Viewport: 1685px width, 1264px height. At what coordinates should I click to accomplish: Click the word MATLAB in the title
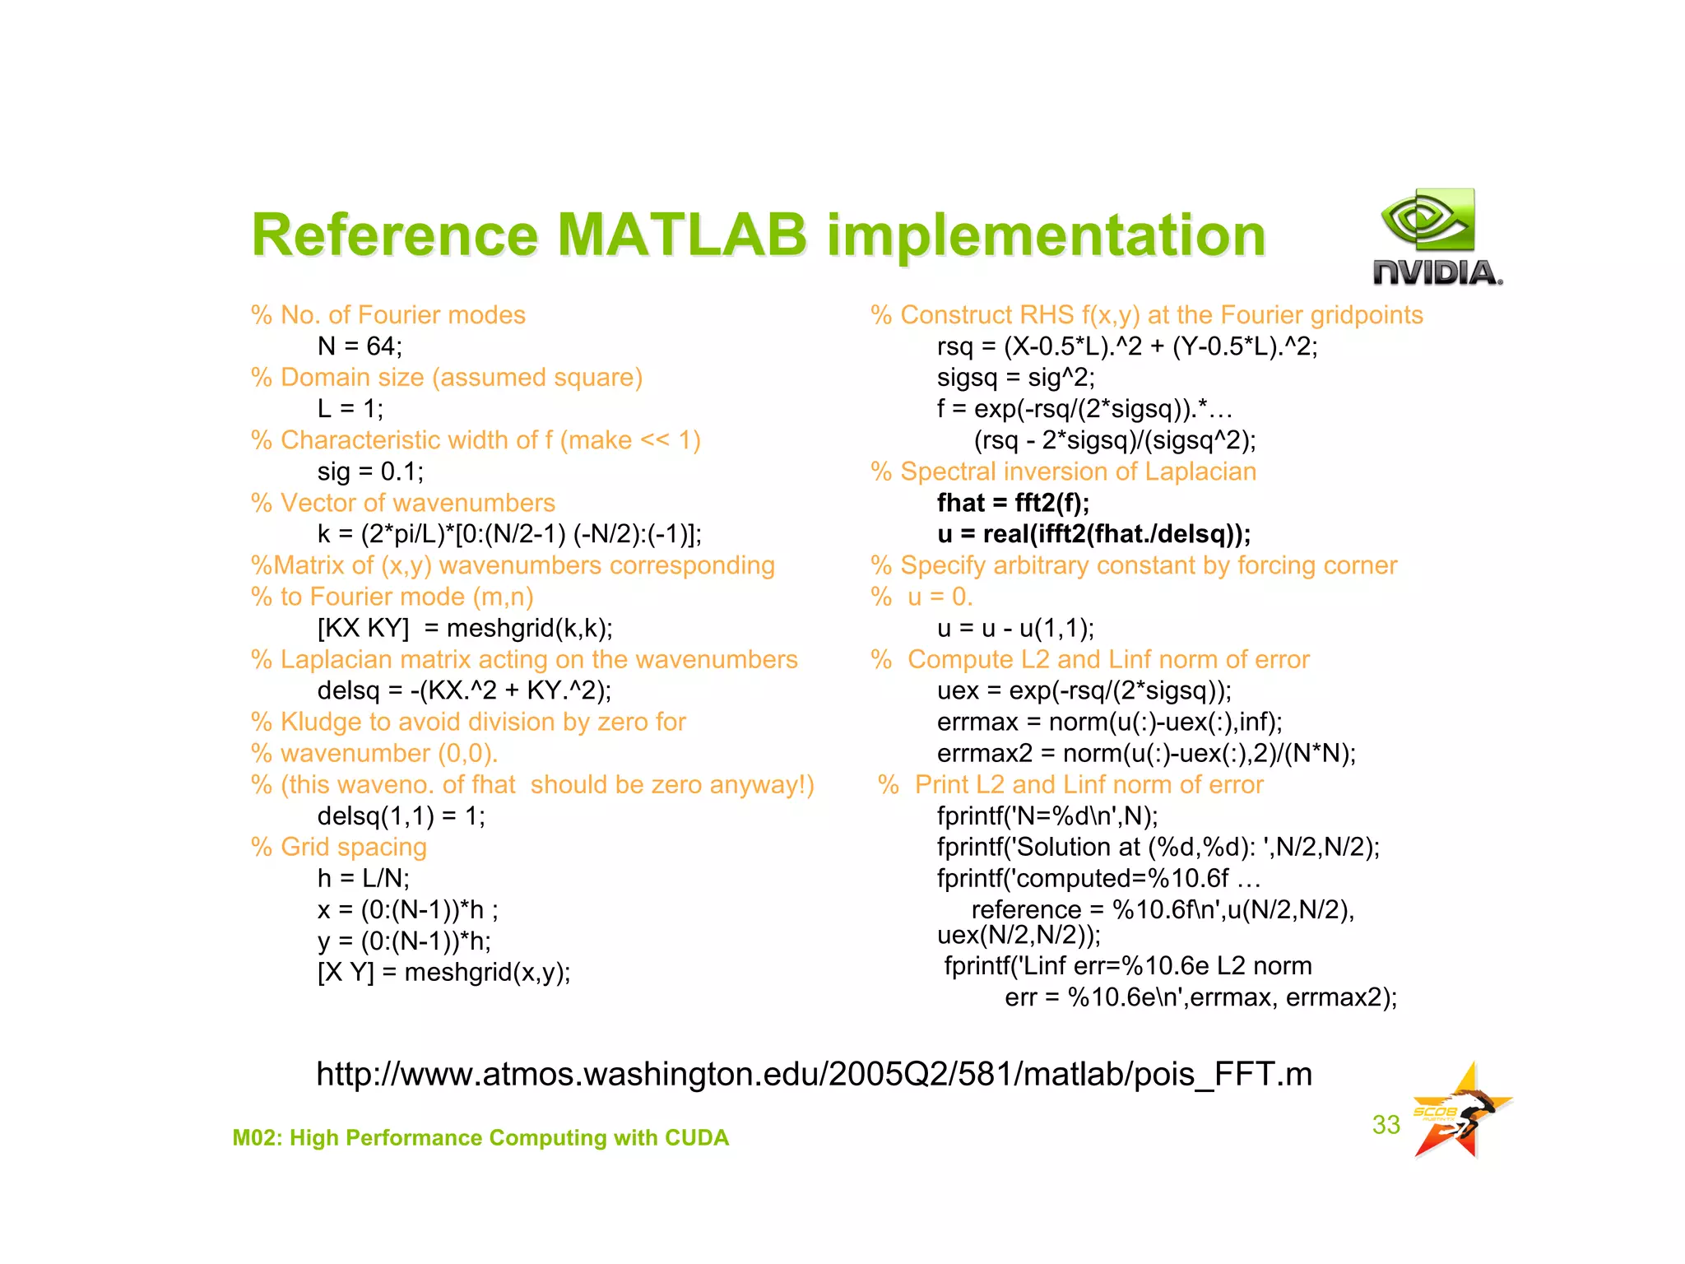(x=682, y=235)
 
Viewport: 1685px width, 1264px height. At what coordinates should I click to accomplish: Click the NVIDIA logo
(x=1437, y=239)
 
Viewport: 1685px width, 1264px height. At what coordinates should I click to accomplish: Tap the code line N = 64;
(x=360, y=346)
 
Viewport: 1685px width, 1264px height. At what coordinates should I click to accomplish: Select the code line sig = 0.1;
(x=370, y=472)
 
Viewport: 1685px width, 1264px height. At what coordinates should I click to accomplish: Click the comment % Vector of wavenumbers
(x=403, y=503)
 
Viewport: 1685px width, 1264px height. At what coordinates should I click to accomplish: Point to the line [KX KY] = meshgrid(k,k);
(x=465, y=629)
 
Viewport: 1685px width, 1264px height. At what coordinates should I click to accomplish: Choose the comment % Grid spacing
(x=339, y=847)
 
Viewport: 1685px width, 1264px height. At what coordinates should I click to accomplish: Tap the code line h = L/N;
(x=363, y=879)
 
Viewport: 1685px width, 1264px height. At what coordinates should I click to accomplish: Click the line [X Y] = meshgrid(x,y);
(x=443, y=973)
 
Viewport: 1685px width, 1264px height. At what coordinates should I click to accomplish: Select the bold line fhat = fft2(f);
(x=1013, y=503)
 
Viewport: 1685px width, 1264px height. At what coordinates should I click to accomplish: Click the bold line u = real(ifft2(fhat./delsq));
(x=1093, y=534)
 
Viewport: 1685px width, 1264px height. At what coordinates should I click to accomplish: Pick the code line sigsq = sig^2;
(x=1015, y=378)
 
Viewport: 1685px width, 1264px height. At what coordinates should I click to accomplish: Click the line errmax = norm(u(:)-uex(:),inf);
(x=1109, y=723)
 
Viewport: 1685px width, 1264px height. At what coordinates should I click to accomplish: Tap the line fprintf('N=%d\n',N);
(x=1047, y=816)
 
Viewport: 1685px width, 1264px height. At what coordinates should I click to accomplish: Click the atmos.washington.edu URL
(x=814, y=1075)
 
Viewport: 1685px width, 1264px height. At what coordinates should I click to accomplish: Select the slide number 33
(x=1386, y=1125)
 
